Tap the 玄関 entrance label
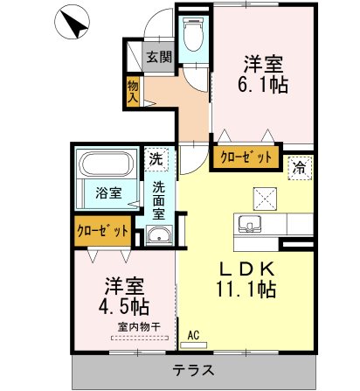coord(158,58)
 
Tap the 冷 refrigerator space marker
coord(299,164)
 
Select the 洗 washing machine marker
coord(154,159)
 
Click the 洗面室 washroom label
coord(159,199)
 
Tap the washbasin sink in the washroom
coord(158,234)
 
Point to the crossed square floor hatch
coord(264,196)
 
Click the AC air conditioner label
coord(193,334)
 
